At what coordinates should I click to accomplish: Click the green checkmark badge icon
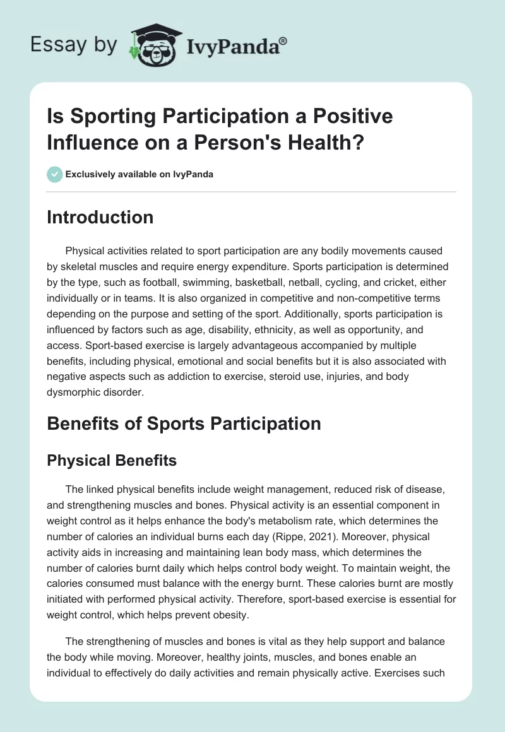click(55, 174)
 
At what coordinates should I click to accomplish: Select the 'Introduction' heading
click(100, 217)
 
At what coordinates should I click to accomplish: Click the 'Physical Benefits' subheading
click(112, 461)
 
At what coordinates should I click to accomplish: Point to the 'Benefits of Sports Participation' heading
click(184, 423)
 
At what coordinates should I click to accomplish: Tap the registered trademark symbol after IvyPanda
click(283, 40)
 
